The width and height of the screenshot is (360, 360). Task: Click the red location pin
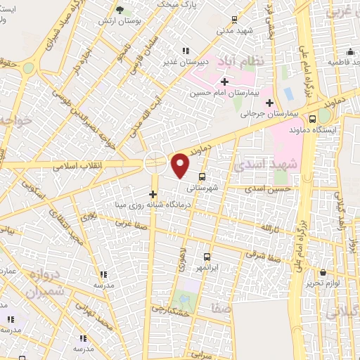point(181,165)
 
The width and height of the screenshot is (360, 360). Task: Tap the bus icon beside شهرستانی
point(202,176)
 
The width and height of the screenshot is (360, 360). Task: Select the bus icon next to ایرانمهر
point(207,257)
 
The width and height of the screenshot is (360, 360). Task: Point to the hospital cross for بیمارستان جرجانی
point(269,103)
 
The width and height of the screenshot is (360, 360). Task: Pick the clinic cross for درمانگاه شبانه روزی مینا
point(153,193)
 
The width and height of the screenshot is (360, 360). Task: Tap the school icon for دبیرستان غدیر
point(186,51)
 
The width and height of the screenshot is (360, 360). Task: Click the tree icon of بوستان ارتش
point(119,10)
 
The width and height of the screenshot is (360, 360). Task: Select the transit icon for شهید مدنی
point(234,20)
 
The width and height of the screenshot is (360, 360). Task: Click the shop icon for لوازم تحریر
point(323,272)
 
